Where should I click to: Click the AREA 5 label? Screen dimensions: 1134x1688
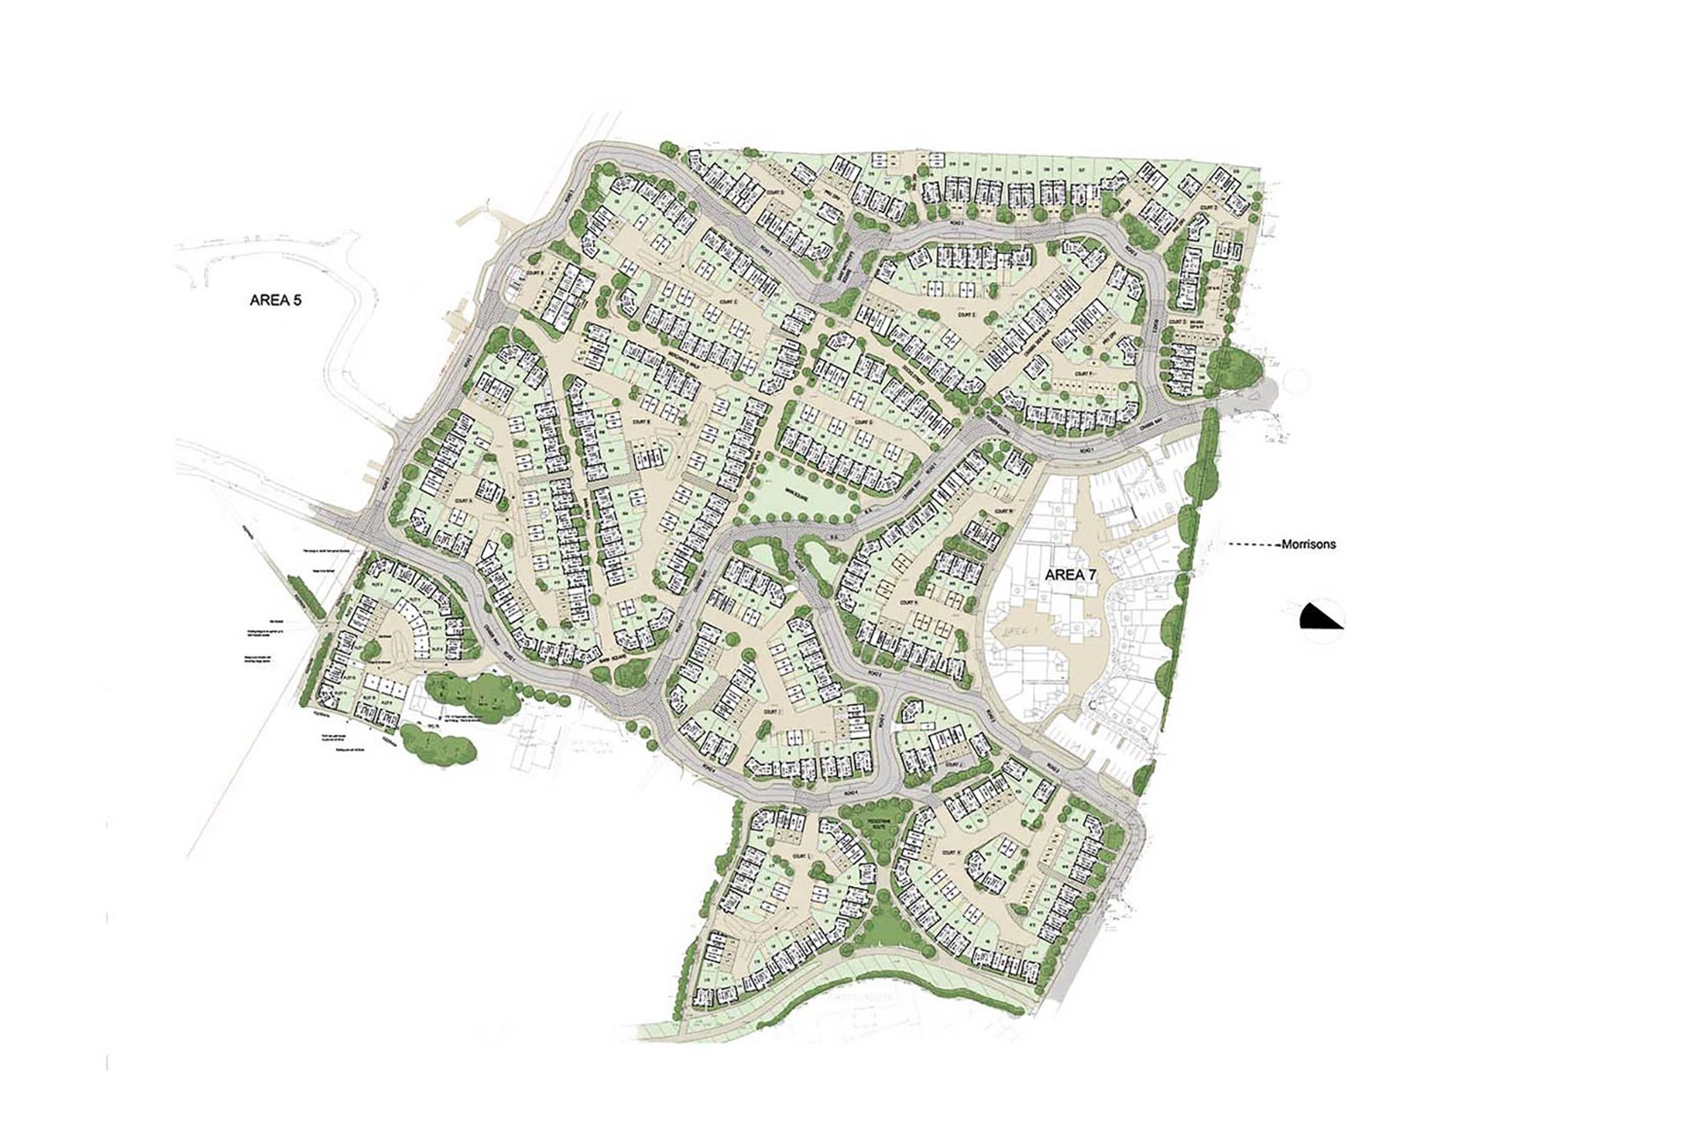tap(275, 300)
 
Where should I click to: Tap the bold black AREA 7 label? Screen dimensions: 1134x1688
tap(1073, 574)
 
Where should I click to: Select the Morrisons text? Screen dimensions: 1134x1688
tap(1308, 544)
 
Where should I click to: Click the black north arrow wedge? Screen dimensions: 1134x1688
tap(1321, 617)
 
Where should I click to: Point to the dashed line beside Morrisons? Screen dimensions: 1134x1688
tap(1253, 545)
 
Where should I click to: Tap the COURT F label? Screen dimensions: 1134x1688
tap(1083, 374)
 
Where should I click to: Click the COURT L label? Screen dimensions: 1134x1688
tap(799, 855)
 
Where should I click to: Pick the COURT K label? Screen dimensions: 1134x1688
tap(949, 853)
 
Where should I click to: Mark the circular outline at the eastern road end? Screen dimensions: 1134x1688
tap(1296, 384)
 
